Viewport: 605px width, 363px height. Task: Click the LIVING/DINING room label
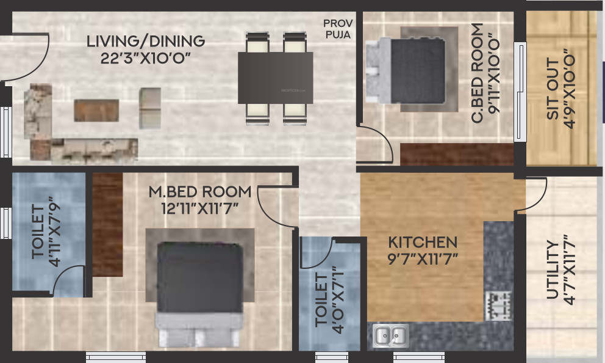pos(146,42)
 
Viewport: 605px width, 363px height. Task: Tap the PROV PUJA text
pos(338,29)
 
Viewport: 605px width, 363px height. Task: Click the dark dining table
pos(275,78)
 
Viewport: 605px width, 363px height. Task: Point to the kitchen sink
pos(390,335)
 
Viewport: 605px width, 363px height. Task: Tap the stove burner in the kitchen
pos(498,304)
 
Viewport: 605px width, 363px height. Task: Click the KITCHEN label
pos(423,242)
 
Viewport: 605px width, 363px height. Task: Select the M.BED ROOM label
pos(200,192)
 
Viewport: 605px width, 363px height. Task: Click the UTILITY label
pos(552,269)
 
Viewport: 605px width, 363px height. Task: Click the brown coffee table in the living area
pos(96,109)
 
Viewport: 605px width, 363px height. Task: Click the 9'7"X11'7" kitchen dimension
pos(423,259)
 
